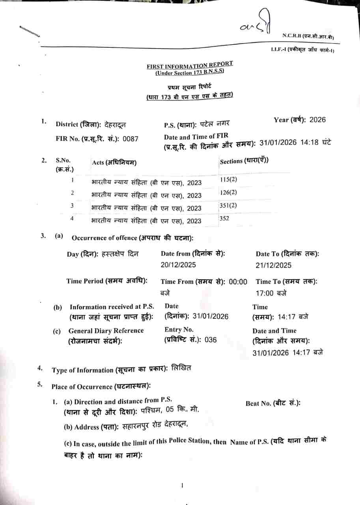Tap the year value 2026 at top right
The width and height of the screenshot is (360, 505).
[318, 120]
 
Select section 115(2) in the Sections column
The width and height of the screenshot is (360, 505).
[228, 180]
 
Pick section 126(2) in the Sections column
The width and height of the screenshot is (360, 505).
[228, 193]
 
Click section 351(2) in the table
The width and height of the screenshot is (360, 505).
[228, 205]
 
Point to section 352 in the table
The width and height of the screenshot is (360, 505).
[224, 218]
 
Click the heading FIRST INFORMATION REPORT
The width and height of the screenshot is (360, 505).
[190, 65]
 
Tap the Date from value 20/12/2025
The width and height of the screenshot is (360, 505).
[178, 265]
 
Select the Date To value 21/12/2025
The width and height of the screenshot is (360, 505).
[274, 266]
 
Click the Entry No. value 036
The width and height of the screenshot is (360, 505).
[211, 340]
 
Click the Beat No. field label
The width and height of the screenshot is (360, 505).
[273, 403]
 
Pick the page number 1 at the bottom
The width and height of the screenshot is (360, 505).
[182, 486]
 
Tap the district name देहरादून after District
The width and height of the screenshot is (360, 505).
[115, 125]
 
